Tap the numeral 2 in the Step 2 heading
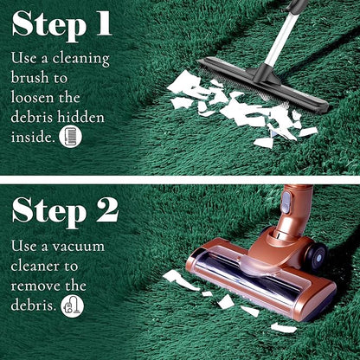pyautogui.click(x=107, y=210)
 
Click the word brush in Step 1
pyautogui.click(x=29, y=77)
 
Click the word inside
pyautogui.click(x=33, y=137)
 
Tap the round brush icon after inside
pyautogui.click(x=70, y=137)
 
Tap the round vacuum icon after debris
pyautogui.click(x=73, y=306)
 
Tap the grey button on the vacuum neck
pyautogui.click(x=286, y=202)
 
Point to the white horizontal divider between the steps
pyautogui.click(x=180, y=180)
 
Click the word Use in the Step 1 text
pyautogui.click(x=24, y=58)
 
